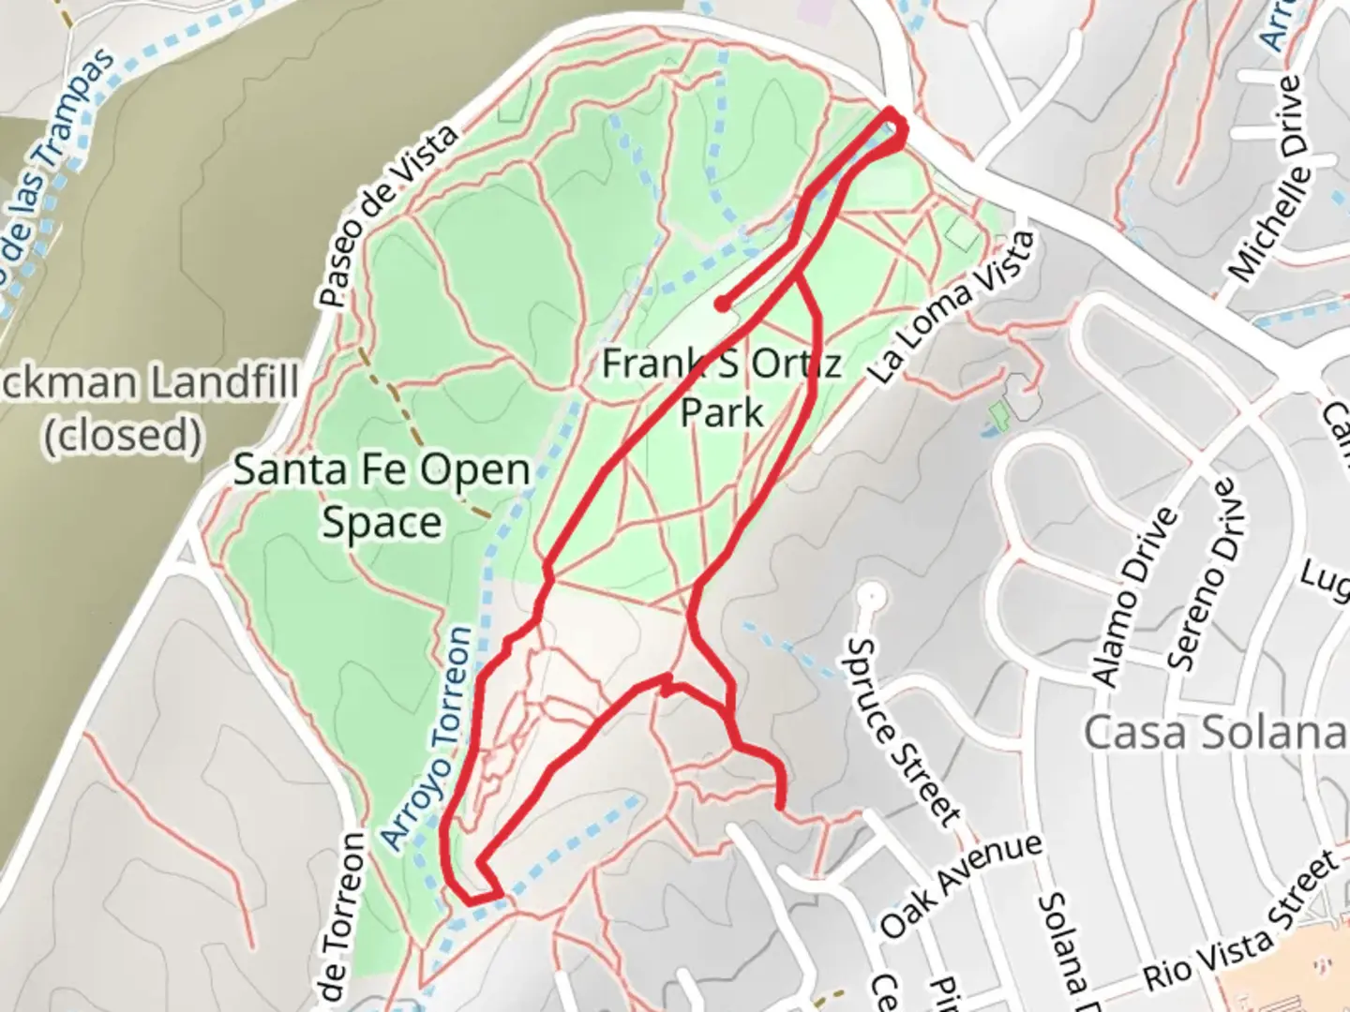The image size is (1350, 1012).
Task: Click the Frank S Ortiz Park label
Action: (721, 386)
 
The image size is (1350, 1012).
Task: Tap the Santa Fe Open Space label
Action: (382, 496)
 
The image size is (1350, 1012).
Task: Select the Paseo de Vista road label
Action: (388, 216)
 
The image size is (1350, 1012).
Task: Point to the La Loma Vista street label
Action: (952, 306)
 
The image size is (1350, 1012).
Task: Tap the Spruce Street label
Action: (905, 732)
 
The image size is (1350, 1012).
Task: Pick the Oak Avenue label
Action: (961, 884)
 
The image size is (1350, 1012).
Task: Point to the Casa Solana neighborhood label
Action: (1215, 732)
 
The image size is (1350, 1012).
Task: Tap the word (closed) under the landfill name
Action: (123, 435)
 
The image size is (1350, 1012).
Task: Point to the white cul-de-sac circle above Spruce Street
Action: (872, 594)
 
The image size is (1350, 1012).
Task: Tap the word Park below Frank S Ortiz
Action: (722, 411)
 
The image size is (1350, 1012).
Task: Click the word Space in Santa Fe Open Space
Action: (382, 523)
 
